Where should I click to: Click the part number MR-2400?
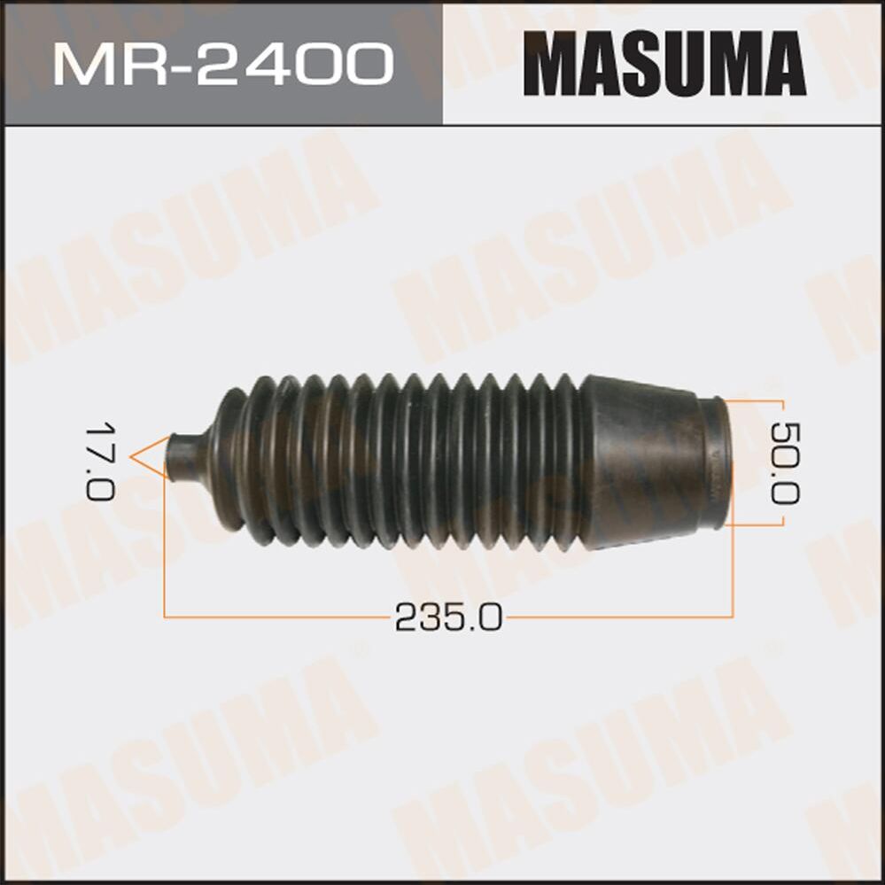[x=221, y=64]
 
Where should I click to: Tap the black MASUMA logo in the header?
[x=664, y=64]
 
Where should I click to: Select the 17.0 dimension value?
[x=100, y=461]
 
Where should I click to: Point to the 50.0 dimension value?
[x=784, y=462]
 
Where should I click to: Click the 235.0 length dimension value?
[x=448, y=617]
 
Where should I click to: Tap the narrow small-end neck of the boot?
[x=184, y=458]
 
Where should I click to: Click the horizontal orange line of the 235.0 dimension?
[x=283, y=615]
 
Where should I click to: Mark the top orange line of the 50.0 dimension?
[x=753, y=400]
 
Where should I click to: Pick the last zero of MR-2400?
[x=362, y=64]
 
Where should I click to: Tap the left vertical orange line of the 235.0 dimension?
[x=166, y=549]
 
